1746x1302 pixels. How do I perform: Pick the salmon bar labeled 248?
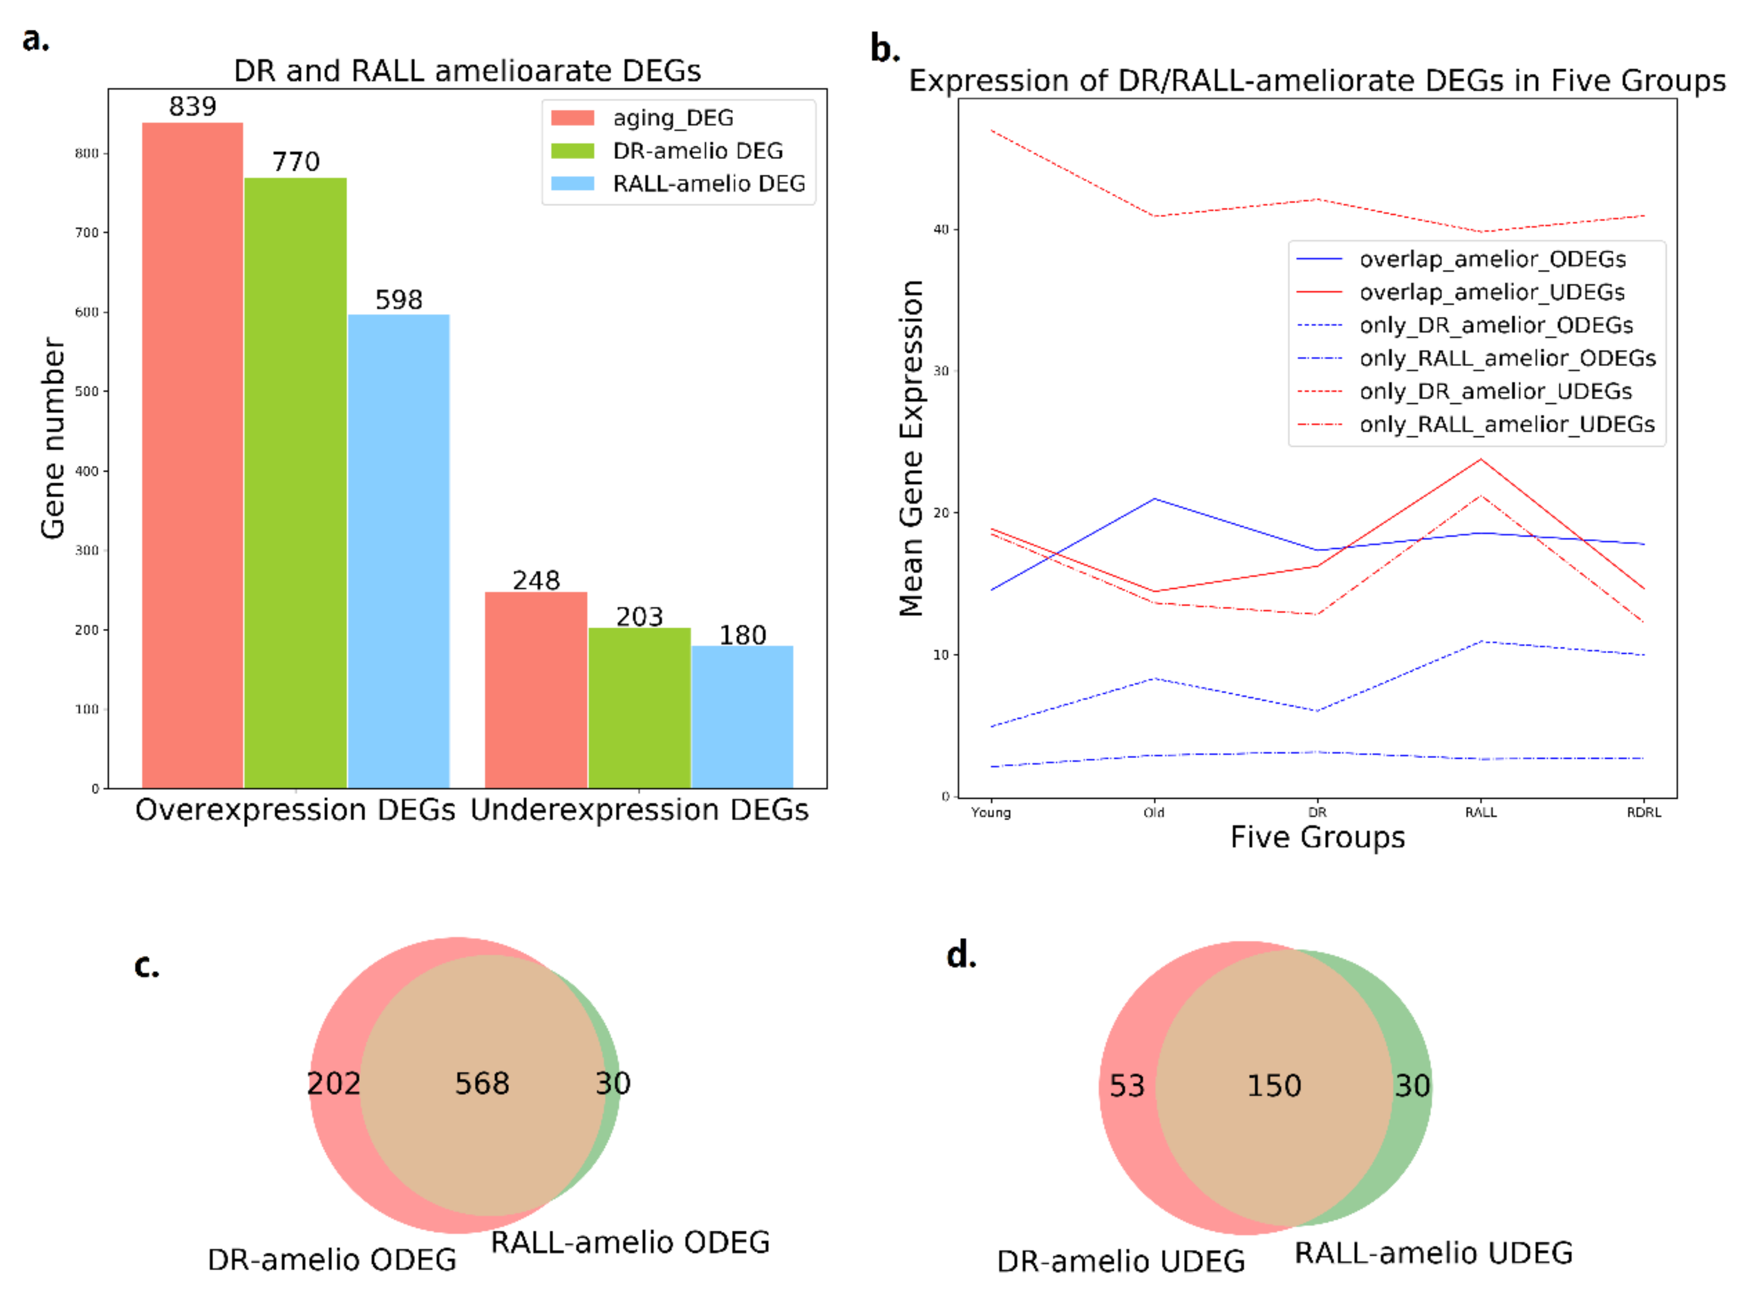pyautogui.click(x=535, y=689)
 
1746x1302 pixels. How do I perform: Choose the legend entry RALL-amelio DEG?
pyautogui.click(x=708, y=184)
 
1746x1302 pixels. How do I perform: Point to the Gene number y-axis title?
pyautogui.click(x=53, y=438)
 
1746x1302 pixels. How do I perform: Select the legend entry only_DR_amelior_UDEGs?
pyautogui.click(x=1494, y=391)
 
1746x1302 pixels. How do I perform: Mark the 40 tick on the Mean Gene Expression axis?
pyautogui.click(x=941, y=229)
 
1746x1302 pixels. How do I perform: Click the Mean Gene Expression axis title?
pyautogui.click(x=911, y=448)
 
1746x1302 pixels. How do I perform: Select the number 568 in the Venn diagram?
pyautogui.click(x=481, y=1084)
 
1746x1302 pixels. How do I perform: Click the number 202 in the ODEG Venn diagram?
pyautogui.click(x=333, y=1084)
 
